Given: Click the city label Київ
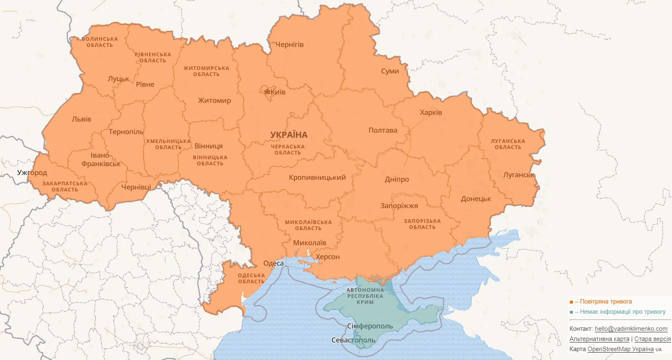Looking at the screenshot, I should click(x=278, y=92).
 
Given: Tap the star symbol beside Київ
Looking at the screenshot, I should click(x=267, y=92).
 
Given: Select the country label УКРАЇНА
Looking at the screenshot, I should click(x=289, y=135).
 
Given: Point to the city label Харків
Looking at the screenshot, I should click(x=431, y=113).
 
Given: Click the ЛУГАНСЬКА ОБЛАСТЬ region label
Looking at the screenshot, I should click(x=508, y=144).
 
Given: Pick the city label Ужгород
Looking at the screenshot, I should click(x=32, y=173).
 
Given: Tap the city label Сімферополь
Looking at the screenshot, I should click(x=370, y=326).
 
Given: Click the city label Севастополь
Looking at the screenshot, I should click(x=353, y=340).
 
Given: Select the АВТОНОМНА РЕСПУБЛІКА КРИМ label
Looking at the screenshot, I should click(x=365, y=296).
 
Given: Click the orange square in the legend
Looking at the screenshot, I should click(x=571, y=302).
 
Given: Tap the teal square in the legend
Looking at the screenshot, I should click(x=571, y=312).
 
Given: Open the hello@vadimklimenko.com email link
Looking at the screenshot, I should click(x=631, y=329).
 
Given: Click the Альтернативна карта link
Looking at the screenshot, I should click(x=599, y=339).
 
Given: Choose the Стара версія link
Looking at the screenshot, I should click(x=652, y=339).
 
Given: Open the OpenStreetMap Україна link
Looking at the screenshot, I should click(x=620, y=349).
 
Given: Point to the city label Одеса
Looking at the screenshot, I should click(x=273, y=263).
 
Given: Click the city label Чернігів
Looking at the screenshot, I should click(x=289, y=45).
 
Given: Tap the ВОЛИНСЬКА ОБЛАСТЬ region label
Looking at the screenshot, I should click(x=100, y=42).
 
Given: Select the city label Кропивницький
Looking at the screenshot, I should click(x=317, y=178).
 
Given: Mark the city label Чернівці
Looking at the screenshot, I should click(x=136, y=187).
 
